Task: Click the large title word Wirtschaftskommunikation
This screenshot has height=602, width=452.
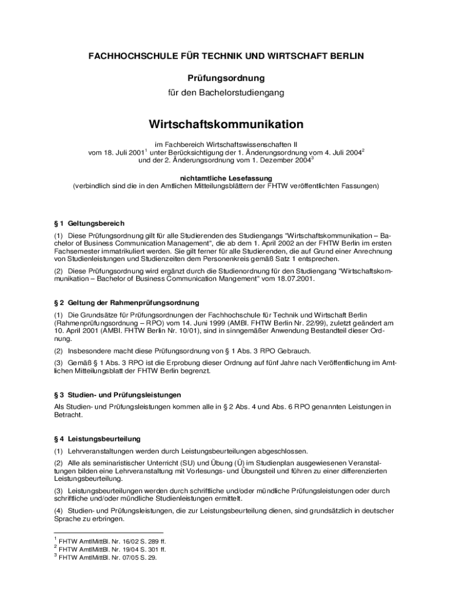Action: (x=226, y=125)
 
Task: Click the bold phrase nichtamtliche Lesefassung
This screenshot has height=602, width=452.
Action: (x=226, y=177)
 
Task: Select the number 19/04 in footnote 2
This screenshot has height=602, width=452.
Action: (x=120, y=550)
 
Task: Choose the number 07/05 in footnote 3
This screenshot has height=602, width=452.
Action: (x=120, y=558)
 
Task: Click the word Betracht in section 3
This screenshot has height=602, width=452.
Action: (x=67, y=414)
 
